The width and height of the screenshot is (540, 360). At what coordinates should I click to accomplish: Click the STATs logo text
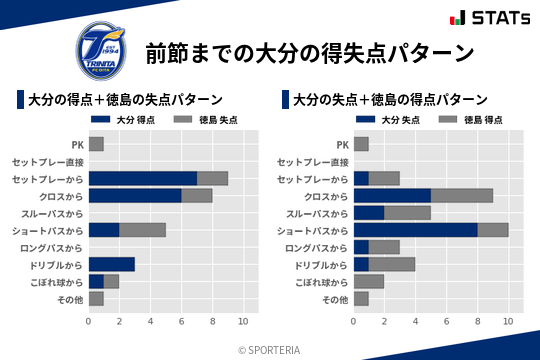[487, 17]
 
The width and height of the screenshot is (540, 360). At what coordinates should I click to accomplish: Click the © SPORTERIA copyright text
[270, 349]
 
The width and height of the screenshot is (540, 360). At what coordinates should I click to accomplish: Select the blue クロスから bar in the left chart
[135, 196]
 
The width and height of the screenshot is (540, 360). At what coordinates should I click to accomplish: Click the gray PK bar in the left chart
[96, 144]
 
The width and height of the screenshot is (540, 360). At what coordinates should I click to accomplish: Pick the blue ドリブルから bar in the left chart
[111, 264]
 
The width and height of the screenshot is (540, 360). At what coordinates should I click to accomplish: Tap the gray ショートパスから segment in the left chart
[142, 230]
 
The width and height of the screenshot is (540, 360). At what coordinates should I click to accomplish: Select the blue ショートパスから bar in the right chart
[415, 230]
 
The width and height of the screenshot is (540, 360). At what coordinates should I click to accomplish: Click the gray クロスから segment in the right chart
[462, 196]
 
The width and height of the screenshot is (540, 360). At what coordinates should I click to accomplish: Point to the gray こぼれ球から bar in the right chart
[369, 281]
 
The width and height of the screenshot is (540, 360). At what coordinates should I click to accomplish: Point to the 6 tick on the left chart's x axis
[181, 322]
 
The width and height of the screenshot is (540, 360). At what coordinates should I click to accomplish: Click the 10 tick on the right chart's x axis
[508, 322]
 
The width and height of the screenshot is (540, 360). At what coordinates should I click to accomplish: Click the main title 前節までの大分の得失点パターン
[309, 52]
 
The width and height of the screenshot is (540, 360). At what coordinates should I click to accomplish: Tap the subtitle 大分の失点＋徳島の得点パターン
[391, 100]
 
